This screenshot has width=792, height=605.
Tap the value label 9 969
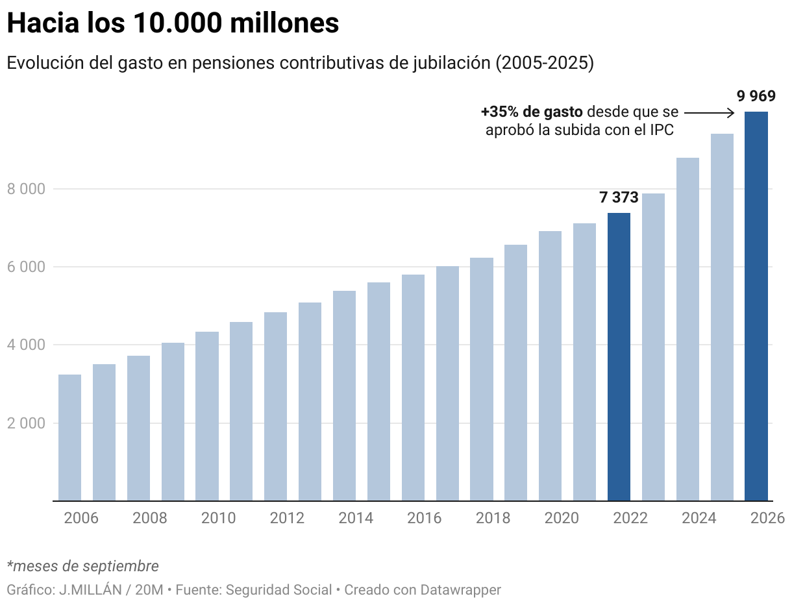[756, 97]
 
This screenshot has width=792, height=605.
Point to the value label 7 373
[619, 197]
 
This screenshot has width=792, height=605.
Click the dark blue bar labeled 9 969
[756, 305]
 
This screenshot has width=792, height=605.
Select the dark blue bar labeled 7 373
[619, 357]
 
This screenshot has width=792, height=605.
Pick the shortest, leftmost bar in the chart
[69, 438]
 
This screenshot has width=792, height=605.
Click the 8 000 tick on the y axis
[26, 189]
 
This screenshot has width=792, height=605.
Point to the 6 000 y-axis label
[26, 267]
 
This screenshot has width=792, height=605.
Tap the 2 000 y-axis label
[26, 423]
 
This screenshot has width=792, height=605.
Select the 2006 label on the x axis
[80, 518]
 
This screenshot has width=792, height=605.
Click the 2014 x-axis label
[355, 518]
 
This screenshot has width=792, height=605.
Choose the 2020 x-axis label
[562, 518]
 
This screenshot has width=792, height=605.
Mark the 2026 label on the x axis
[767, 518]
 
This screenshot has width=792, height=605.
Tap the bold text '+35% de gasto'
[532, 112]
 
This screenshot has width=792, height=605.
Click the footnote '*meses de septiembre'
[82, 566]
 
